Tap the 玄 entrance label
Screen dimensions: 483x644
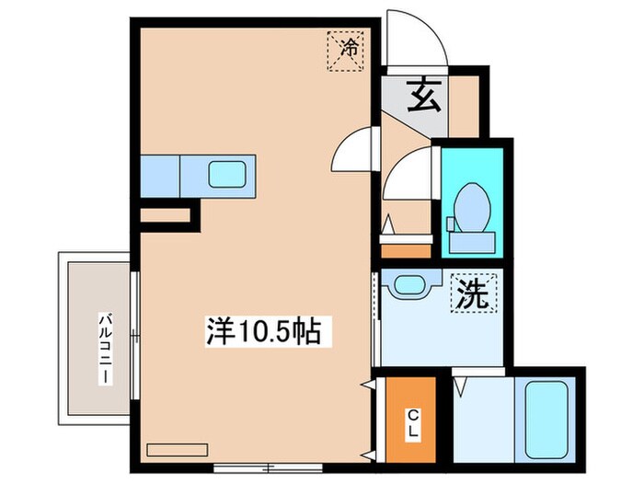(424, 95)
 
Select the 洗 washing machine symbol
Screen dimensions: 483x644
(473, 294)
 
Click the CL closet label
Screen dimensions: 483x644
(413, 424)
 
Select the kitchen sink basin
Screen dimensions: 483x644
(226, 172)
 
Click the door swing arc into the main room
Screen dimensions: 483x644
(354, 149)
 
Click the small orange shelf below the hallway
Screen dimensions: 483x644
(406, 250)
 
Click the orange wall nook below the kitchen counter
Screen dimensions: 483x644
(165, 216)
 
